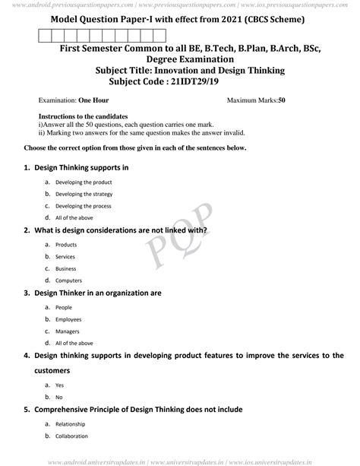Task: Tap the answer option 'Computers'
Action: click(70, 281)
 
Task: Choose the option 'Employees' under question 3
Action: click(69, 319)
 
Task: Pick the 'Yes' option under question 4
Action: click(61, 385)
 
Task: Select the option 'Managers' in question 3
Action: click(68, 331)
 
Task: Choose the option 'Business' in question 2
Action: click(67, 268)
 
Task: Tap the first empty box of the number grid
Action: click(43, 35)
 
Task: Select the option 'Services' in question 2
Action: click(66, 257)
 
